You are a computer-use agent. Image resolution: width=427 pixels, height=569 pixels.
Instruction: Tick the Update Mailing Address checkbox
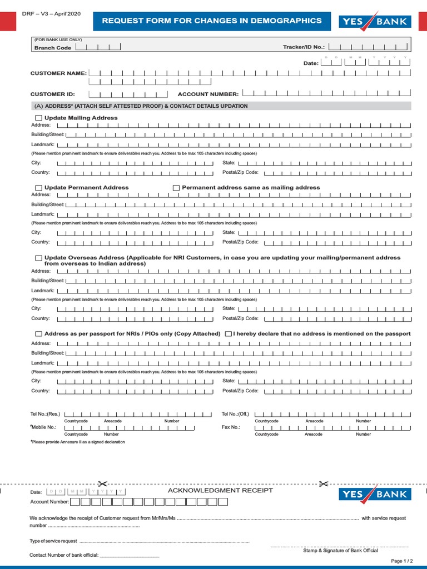[39, 118]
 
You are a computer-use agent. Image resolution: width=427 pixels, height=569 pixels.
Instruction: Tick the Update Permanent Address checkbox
[39, 188]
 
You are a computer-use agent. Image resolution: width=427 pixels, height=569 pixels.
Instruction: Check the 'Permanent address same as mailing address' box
[176, 188]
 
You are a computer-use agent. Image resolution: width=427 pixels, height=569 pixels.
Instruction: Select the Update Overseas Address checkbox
[39, 258]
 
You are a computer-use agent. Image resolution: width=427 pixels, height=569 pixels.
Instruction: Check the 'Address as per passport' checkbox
[39, 334]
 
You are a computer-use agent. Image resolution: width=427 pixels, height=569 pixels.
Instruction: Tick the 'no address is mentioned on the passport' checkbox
[229, 334]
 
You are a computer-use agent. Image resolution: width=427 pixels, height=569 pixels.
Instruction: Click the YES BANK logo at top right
[375, 22]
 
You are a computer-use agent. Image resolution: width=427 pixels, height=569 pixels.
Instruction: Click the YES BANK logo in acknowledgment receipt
[375, 495]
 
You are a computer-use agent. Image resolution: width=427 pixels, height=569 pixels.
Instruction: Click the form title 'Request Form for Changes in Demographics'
[211, 21]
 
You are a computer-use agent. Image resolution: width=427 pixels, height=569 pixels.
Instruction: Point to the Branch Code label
[53, 48]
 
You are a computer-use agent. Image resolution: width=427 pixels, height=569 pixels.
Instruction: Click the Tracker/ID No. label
[304, 47]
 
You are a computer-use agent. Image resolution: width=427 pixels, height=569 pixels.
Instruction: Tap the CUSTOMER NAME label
[58, 73]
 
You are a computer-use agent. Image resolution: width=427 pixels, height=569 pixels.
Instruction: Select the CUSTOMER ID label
[52, 94]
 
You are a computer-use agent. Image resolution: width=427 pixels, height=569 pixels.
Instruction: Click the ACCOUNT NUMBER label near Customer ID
[208, 94]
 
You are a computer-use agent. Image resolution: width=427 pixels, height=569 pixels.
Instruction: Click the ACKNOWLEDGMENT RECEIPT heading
[220, 491]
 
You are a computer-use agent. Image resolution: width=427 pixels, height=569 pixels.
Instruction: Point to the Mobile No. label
[44, 427]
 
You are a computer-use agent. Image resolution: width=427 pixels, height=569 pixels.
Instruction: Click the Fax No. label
[231, 427]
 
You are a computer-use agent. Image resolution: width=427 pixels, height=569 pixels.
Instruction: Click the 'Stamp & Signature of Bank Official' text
[340, 551]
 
